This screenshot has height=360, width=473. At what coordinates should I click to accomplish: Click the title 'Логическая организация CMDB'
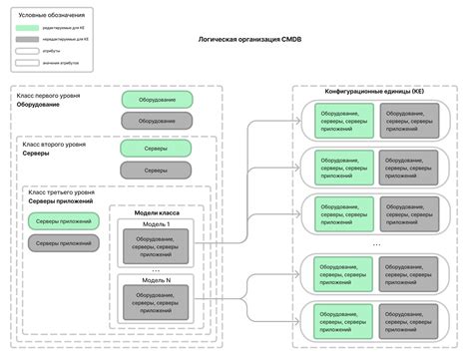coord(236,67)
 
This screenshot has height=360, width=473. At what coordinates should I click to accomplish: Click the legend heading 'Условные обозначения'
coord(53,16)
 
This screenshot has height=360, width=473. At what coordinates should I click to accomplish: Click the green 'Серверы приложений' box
coord(62,220)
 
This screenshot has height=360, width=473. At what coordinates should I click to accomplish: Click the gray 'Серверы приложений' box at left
coord(62,242)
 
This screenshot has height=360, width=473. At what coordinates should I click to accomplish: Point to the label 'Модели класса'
coord(155,213)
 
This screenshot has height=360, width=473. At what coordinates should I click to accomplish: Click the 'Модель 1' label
coord(155,224)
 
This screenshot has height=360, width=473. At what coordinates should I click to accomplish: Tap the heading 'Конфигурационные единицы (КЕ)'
coord(375,90)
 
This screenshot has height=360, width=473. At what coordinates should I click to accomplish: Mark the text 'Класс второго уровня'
coord(50,145)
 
